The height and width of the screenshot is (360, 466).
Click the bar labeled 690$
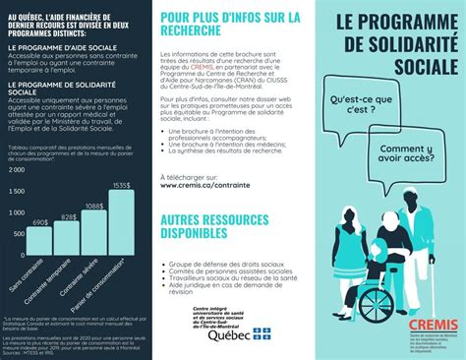pyautogui.click(x=40, y=241)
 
